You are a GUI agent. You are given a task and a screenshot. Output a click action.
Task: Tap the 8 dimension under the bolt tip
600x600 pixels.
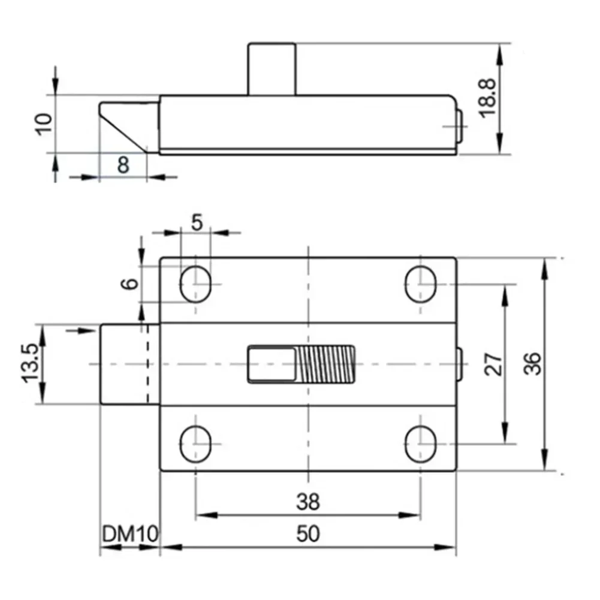[x=123, y=165]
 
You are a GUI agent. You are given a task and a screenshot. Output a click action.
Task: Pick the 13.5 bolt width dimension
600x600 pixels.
[x=31, y=364]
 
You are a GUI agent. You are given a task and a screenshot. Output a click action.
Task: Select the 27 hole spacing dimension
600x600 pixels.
[x=493, y=364]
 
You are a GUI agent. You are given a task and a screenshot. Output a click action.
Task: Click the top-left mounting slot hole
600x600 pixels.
[x=196, y=284]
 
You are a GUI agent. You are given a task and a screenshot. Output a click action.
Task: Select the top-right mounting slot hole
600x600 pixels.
[x=420, y=284]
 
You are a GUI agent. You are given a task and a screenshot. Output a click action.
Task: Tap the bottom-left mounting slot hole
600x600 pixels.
[x=196, y=444]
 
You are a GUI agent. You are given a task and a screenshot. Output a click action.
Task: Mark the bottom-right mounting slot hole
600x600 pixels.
[x=420, y=444]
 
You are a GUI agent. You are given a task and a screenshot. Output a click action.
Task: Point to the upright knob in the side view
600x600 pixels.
[x=272, y=68]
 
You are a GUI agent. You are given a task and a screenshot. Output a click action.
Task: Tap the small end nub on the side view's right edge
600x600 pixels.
[x=460, y=126]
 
